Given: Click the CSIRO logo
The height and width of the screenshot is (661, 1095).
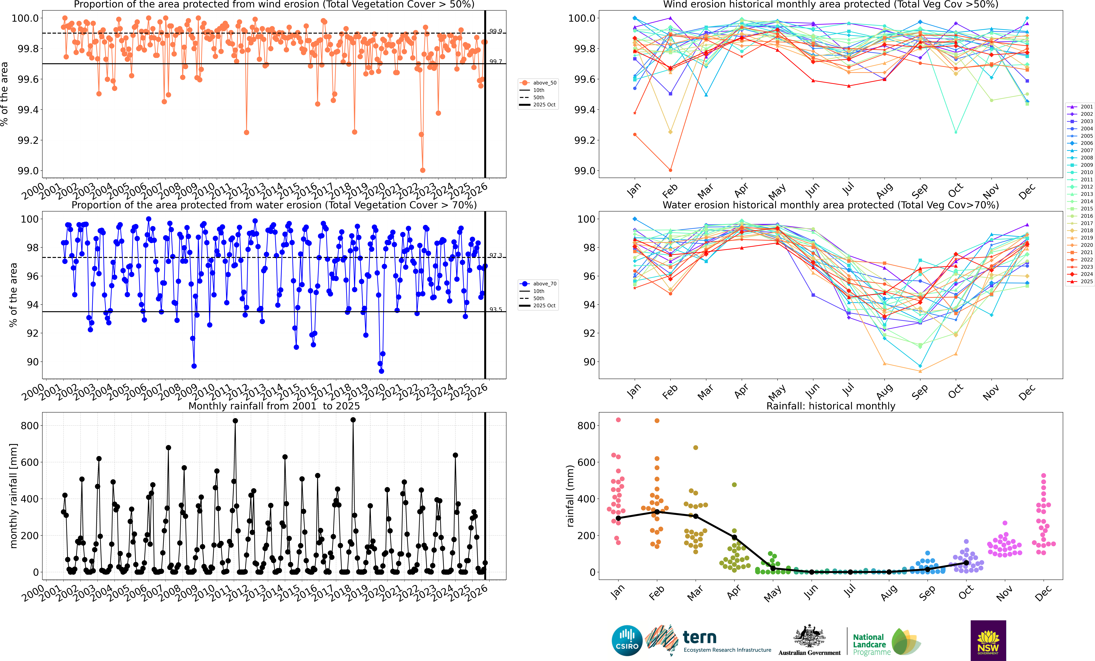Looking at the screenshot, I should click(627, 641).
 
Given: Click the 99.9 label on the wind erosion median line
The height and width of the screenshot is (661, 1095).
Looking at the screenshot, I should click(496, 31).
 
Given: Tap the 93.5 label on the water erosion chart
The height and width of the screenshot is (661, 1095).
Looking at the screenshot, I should click(496, 309).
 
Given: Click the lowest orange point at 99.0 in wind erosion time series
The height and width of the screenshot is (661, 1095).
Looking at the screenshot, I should click(423, 170).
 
